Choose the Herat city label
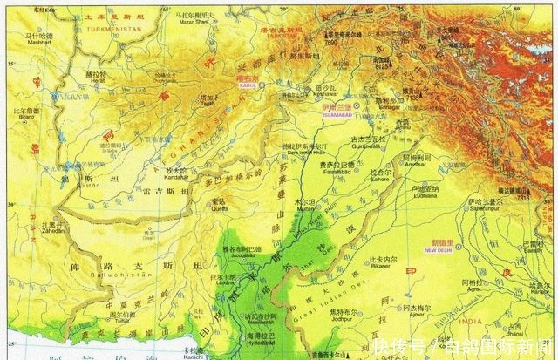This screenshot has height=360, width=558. [x=96, y=82]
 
